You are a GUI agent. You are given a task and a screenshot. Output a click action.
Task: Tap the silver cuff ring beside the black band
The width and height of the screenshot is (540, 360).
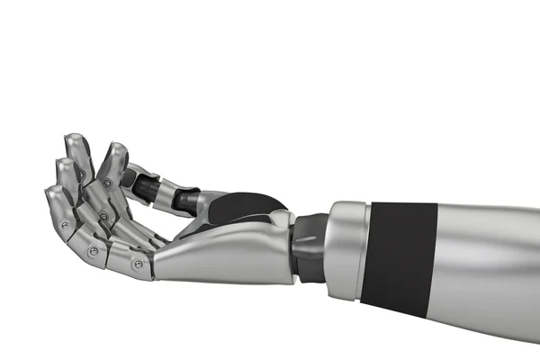coord(346,247)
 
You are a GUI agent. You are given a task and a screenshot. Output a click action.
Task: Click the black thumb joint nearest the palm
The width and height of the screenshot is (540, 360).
coord(187,200)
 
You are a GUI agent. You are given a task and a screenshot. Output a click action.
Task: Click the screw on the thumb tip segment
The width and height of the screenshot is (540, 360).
coord(107,183)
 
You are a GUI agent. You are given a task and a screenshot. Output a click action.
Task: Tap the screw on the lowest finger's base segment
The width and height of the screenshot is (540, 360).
coord(138,265)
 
